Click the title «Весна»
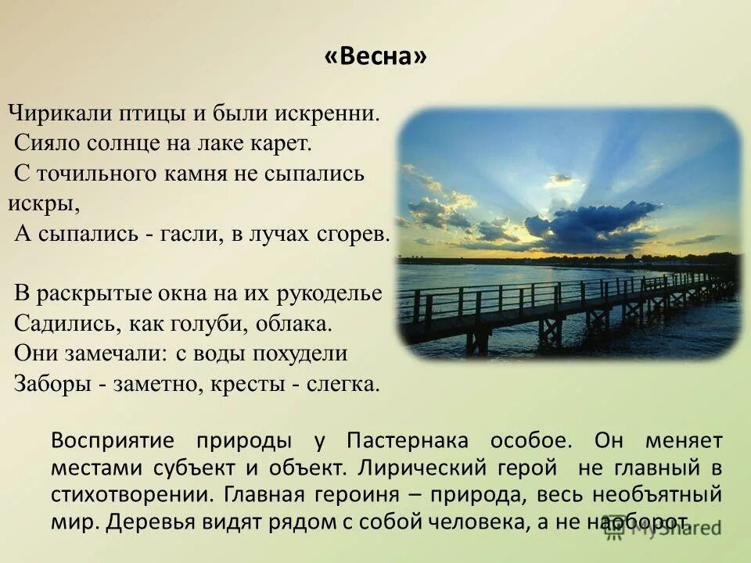tap(375, 57)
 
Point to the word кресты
tap(255, 383)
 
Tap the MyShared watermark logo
tap(665, 526)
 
